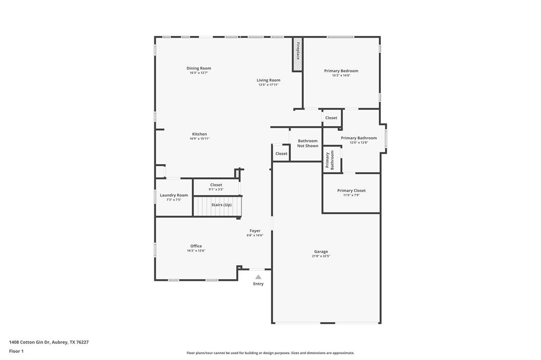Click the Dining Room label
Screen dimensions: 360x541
(199, 68)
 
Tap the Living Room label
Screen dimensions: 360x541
(268, 80)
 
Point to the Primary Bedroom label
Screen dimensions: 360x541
(341, 71)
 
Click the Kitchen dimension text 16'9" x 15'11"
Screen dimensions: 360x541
(200, 139)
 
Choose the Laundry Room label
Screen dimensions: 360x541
(174, 195)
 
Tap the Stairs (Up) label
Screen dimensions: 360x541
(221, 205)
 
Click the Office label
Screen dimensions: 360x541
(196, 246)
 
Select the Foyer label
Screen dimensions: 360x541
(255, 231)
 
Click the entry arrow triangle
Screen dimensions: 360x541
(258, 277)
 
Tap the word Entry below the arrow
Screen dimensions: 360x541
(258, 284)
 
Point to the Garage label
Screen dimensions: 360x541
(321, 252)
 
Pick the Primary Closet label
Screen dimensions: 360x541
(351, 191)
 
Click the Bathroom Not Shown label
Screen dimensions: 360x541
(307, 143)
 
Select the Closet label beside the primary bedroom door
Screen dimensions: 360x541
(331, 118)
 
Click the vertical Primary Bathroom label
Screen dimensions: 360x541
(330, 160)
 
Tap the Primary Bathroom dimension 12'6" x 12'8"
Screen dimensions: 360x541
(359, 143)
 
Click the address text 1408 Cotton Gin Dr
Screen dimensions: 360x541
(29, 342)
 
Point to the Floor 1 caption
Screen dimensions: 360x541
(16, 351)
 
